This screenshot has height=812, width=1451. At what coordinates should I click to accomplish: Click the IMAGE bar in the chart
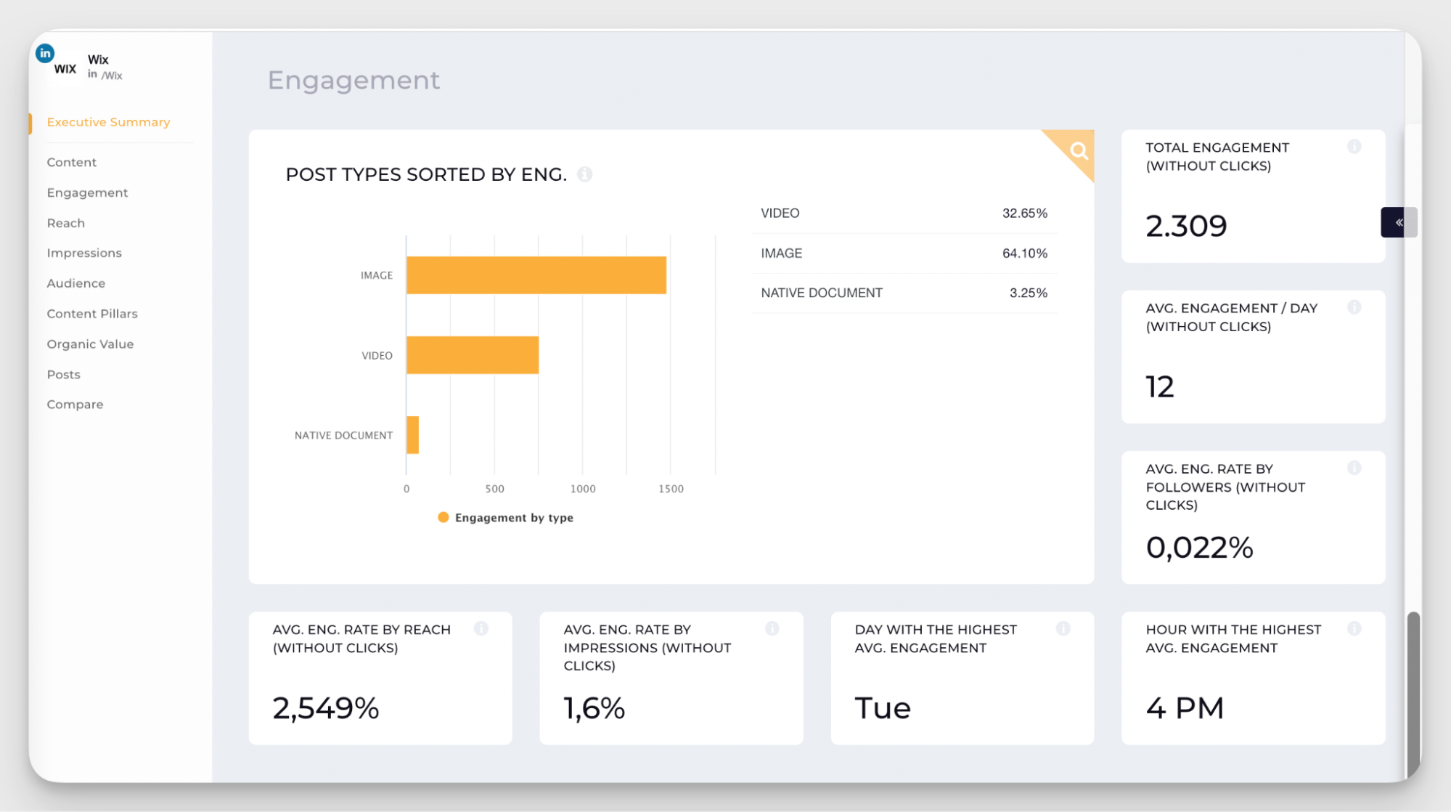tap(536, 275)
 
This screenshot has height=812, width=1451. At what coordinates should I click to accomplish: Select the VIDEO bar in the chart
tap(473, 355)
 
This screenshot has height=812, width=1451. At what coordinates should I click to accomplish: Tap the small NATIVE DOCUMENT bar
tap(412, 435)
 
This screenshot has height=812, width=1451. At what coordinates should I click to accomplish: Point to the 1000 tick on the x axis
tap(583, 489)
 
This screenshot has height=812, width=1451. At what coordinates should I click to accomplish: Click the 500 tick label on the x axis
tap(494, 489)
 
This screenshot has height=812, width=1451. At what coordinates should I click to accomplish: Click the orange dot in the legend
tap(443, 517)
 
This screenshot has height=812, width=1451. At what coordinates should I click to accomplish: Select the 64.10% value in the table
tap(1024, 253)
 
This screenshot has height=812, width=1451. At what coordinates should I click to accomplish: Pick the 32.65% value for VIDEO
tap(1024, 214)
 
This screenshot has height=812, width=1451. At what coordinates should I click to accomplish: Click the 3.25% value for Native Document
tap(1028, 293)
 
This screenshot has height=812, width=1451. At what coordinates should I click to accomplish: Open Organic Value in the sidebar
tap(90, 344)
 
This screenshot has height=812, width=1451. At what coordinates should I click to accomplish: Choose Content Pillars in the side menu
tap(92, 314)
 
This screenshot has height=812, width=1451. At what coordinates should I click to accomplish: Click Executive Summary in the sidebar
tap(108, 122)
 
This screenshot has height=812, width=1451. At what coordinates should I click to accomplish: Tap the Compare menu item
tap(75, 405)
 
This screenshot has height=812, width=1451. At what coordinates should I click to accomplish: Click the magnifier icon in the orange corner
tap(1079, 150)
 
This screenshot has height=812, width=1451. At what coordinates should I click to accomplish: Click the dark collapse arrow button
tap(1398, 222)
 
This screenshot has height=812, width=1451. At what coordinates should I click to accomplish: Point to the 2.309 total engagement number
tap(1186, 226)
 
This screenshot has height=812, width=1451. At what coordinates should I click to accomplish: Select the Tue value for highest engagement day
tap(882, 708)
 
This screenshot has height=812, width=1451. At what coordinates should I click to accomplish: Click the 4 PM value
tap(1185, 708)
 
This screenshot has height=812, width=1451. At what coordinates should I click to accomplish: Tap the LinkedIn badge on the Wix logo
tap(45, 53)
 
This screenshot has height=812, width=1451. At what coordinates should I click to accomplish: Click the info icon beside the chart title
tap(584, 174)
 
